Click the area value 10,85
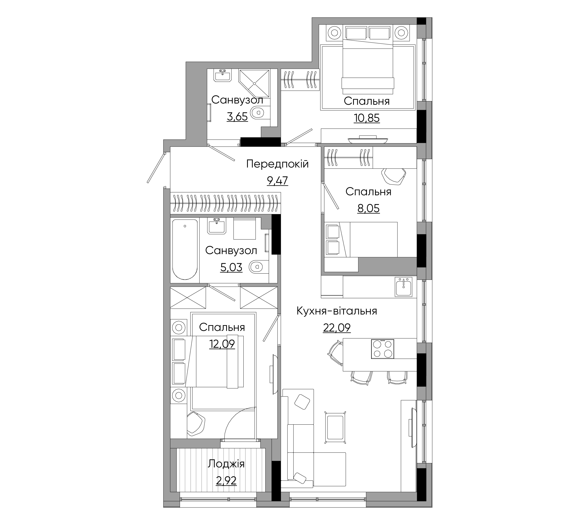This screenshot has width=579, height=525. point(367,118)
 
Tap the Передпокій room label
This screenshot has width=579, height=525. point(277,164)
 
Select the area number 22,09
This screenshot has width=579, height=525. point(337,328)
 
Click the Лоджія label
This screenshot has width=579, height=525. point(226,464)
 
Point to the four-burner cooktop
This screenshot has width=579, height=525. point(383,349)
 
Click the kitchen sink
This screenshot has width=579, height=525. point(403,287)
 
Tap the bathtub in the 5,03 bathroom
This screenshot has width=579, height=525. point(185,249)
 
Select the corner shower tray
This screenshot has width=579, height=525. point(254,84)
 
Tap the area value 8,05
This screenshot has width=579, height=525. point(369,208)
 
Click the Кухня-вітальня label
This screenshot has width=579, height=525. point(337,311)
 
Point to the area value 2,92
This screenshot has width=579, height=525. point(226,481)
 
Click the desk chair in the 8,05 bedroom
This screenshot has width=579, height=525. point(394,176)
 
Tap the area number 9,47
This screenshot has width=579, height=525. point(277,181)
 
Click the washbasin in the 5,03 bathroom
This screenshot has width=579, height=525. point(217,226)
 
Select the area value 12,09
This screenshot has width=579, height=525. point(222,344)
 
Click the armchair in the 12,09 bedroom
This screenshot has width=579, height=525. point(196,424)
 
